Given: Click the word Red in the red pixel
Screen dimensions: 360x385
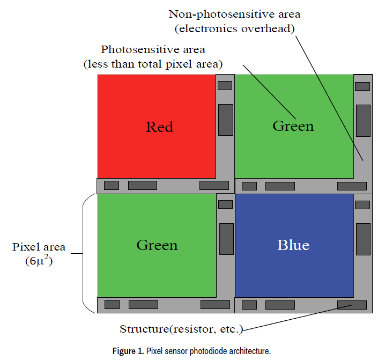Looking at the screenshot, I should pos(160,127).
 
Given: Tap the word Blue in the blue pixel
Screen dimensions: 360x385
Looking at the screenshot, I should pos(293,245).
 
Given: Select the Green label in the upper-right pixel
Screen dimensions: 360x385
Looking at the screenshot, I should pos(293,126).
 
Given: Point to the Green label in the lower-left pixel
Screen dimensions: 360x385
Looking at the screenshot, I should pos(157,245).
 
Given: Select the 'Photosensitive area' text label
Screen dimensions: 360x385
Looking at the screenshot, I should pos(153,50).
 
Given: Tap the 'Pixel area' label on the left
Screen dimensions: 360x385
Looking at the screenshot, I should pos(39,247).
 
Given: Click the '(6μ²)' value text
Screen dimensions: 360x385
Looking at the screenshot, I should pos(39,262).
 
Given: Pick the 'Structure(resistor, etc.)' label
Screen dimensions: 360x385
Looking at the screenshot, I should pos(181,328).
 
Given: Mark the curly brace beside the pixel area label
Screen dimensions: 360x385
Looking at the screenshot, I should pos(86,253).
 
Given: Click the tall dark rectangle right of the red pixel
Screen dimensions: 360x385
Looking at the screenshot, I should pos(226,120).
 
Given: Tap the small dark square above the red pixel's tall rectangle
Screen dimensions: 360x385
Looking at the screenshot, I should pos(225,85).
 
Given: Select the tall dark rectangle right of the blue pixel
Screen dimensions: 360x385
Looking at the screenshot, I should pos(363,239).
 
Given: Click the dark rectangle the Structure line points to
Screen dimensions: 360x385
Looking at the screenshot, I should pos(352,305).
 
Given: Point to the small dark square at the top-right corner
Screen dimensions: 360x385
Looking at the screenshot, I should pos(362,86).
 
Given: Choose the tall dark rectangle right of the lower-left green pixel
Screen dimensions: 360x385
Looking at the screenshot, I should pos(226,239).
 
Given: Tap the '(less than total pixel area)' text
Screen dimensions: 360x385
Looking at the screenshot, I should pos(152,64).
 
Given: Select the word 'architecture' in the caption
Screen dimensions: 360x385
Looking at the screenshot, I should pos(248,351).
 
